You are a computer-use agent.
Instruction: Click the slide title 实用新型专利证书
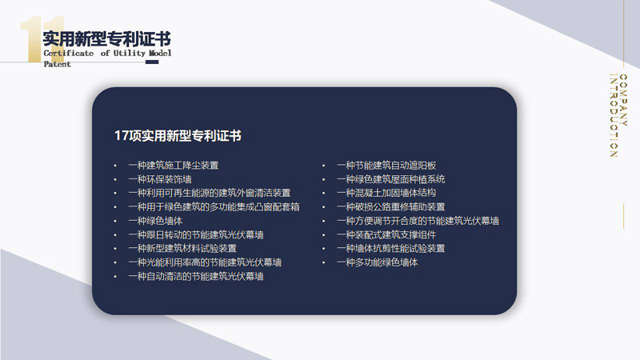[107, 39]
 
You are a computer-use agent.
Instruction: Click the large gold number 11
[42, 39]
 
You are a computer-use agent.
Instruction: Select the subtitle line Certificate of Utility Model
[108, 53]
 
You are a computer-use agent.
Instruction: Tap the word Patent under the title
[57, 64]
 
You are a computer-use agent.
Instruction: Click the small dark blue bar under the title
[152, 62]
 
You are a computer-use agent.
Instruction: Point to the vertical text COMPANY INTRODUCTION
[618, 115]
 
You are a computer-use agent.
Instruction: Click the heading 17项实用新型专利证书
[178, 136]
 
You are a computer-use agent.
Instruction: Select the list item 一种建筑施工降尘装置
[174, 166]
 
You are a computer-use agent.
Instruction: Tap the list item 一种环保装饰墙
[160, 179]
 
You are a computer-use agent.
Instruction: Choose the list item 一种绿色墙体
[155, 221]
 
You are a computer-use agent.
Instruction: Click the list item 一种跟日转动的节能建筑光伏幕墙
[196, 234]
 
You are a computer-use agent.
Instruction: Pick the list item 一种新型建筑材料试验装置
[182, 248]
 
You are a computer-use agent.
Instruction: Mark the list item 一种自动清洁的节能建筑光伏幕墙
[196, 276]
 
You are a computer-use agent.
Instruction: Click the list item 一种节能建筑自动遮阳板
[386, 166]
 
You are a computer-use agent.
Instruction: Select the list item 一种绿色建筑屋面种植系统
[391, 179]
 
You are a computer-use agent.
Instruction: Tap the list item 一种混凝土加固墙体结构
[386, 193]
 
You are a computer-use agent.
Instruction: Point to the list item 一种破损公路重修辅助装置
[391, 207]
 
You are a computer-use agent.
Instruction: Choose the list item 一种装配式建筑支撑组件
[386, 234]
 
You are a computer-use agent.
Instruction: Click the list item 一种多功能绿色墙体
[378, 262]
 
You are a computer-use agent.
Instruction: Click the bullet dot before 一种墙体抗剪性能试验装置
[324, 249]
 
